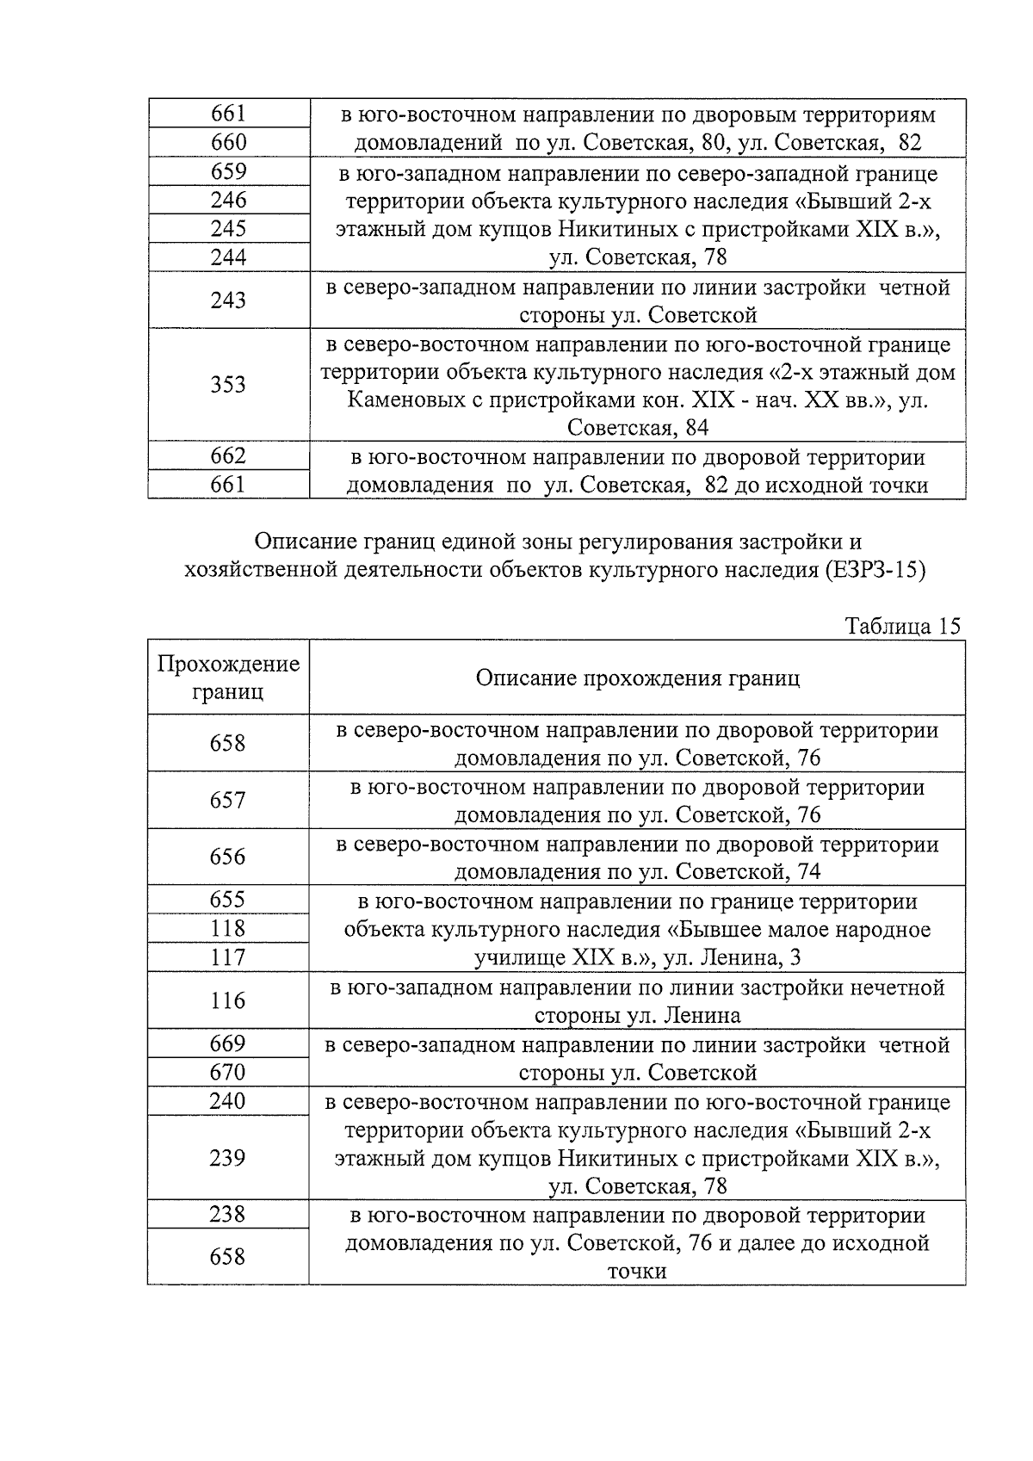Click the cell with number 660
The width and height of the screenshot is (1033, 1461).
click(228, 142)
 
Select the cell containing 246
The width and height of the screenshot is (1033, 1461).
click(228, 200)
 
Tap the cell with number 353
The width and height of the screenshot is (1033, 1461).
click(228, 384)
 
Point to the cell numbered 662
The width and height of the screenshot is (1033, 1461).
click(228, 455)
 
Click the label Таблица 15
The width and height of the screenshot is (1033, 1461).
click(902, 626)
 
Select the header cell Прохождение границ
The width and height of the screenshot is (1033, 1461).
click(228, 678)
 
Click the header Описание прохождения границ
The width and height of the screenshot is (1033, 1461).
click(637, 678)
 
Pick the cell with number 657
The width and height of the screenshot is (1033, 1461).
click(228, 800)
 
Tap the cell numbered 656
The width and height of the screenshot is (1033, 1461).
click(228, 857)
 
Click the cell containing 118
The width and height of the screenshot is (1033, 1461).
click(228, 928)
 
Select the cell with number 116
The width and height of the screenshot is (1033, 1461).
click(228, 1000)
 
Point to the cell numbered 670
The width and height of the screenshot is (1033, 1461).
click(228, 1072)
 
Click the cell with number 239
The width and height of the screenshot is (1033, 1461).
click(228, 1157)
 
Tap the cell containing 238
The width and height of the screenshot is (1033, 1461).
click(228, 1214)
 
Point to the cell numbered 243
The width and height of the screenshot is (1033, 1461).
click(228, 300)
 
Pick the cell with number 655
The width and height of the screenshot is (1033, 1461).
click(228, 900)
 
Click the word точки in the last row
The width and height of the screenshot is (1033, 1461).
click(637, 1272)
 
